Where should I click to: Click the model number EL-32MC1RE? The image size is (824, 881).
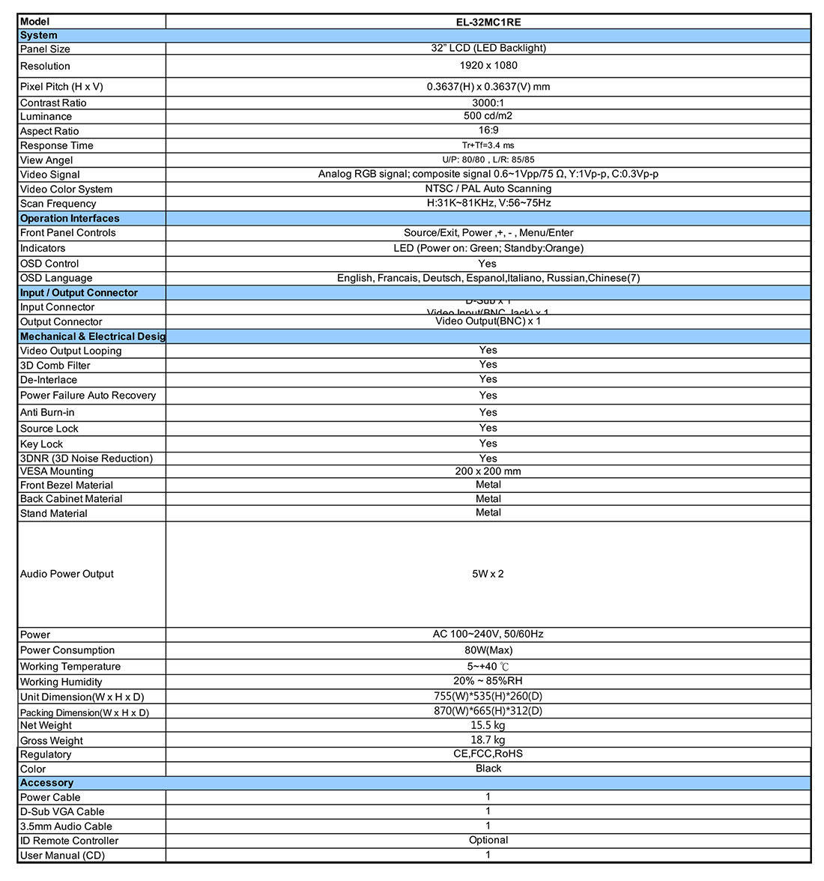(x=488, y=22)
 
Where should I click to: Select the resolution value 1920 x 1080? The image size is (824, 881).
(x=488, y=65)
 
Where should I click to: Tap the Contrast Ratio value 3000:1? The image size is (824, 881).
(x=488, y=103)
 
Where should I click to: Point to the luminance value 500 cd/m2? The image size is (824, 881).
(x=488, y=116)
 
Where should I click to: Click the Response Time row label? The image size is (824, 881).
(x=57, y=145)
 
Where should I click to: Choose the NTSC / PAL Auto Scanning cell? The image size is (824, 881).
(x=488, y=189)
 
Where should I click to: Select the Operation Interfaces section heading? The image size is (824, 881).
(x=70, y=219)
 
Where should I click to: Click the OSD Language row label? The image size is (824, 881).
(x=56, y=279)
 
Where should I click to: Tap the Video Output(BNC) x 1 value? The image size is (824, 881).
(x=488, y=321)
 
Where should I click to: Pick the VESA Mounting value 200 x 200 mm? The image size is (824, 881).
(x=488, y=471)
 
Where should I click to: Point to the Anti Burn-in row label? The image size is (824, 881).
(x=47, y=412)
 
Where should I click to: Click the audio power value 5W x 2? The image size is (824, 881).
(x=488, y=574)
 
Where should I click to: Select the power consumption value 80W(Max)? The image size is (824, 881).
(x=488, y=650)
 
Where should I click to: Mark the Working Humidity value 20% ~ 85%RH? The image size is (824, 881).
(x=488, y=681)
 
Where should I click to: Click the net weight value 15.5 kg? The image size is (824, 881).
(x=488, y=725)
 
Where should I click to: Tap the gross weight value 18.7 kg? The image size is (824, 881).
(x=488, y=740)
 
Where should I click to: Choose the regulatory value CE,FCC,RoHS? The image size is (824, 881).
(x=488, y=754)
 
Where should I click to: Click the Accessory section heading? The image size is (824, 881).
(x=46, y=783)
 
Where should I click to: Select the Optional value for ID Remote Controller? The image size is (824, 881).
(x=488, y=841)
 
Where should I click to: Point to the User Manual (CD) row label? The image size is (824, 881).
(x=62, y=856)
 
